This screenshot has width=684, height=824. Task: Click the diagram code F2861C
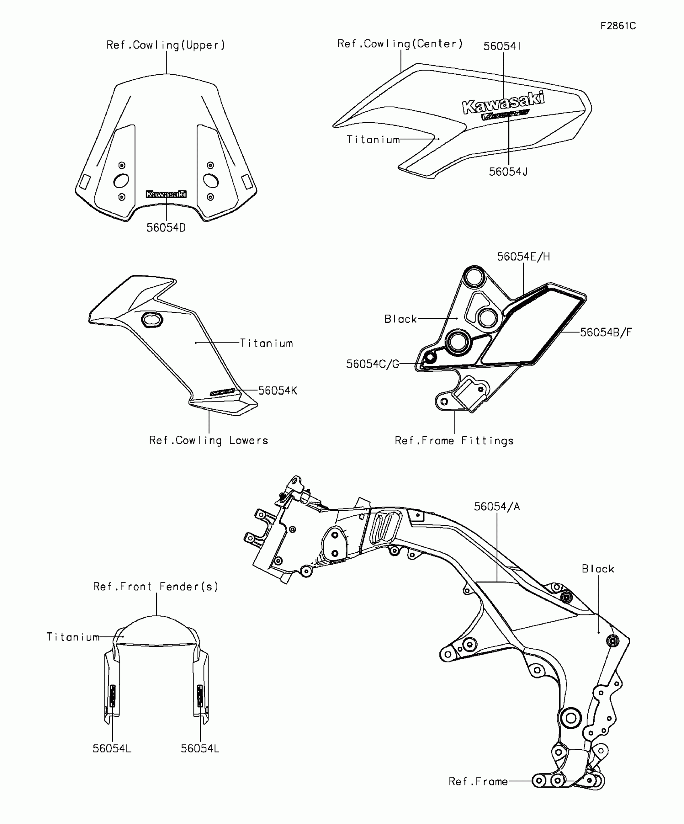tap(618, 26)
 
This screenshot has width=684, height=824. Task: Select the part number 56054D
tap(166, 228)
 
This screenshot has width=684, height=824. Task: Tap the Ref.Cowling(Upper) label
tap(166, 45)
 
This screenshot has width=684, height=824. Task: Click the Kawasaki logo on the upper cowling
tap(166, 194)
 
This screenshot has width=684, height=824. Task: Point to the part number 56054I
tap(503, 46)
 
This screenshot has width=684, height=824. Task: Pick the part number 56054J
tap(508, 172)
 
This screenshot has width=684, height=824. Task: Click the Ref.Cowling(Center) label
tap(400, 44)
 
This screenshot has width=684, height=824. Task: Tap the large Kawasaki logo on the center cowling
tap(503, 102)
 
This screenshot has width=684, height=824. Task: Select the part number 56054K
tap(278, 391)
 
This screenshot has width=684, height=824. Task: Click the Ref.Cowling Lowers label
tap(208, 441)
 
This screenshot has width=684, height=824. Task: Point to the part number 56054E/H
tap(523, 257)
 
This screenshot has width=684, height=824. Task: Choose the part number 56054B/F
tap(606, 332)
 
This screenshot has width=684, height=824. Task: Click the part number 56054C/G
tap(373, 364)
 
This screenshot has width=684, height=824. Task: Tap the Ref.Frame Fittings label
tap(454, 441)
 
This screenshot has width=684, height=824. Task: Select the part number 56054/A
tap(497, 507)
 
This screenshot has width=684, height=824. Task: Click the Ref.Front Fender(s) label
tap(156, 587)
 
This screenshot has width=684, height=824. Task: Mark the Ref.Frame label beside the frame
tap(478, 781)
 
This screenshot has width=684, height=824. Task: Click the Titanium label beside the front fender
tap(73, 637)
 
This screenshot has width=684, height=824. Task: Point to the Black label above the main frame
tap(598, 569)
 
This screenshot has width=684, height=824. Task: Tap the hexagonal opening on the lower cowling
tap(151, 320)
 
